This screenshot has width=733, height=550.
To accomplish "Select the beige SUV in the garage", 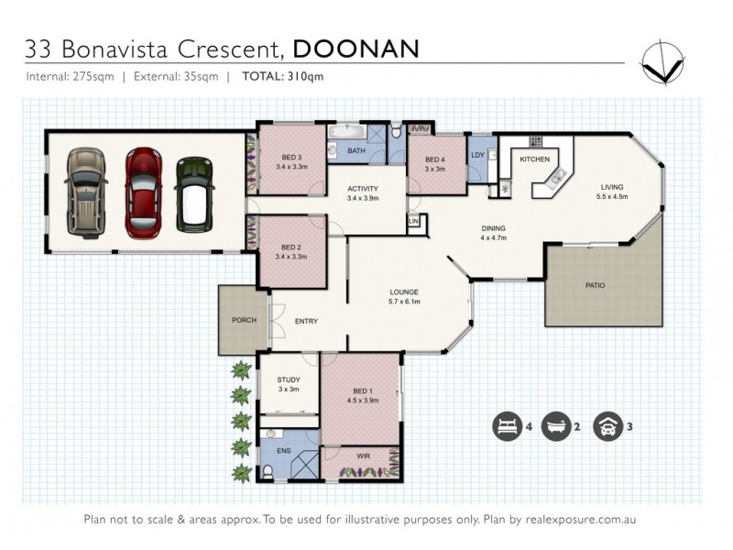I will click(85, 192).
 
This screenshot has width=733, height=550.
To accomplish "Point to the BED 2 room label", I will click(290, 247).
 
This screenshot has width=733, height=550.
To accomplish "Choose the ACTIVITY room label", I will click(363, 190).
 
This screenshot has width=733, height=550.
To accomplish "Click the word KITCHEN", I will click(534, 159).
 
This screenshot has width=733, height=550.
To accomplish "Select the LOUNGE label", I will click(404, 293).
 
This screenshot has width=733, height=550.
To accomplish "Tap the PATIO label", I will click(595, 285).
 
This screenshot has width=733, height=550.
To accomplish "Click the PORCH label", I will click(244, 320).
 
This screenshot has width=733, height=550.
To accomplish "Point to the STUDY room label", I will click(289, 379).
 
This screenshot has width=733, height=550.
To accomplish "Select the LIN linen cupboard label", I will click(413, 221).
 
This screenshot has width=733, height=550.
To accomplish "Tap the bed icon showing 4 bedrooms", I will click(506, 426).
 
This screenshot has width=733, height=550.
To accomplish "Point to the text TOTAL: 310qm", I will click(283, 77).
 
